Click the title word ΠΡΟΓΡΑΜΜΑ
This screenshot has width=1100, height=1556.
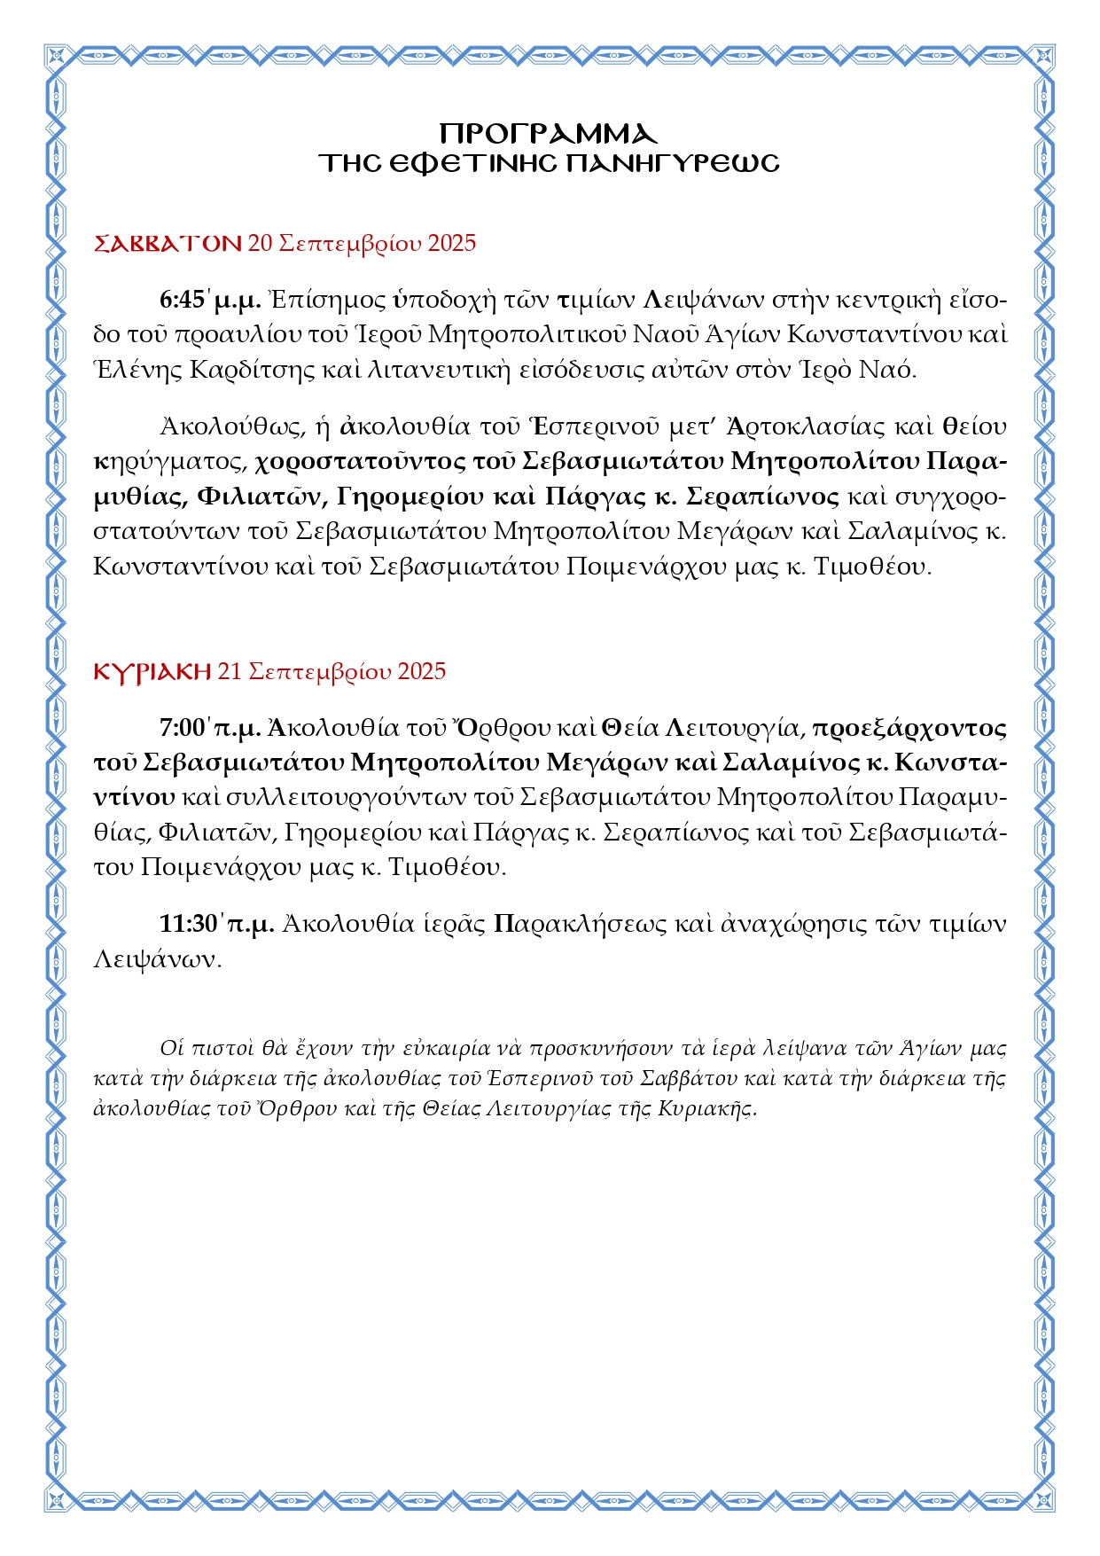tap(549, 134)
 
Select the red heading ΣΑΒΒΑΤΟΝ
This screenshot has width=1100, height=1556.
tap(168, 243)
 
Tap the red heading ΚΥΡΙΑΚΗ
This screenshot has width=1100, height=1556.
tap(152, 671)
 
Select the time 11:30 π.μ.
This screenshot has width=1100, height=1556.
tap(216, 924)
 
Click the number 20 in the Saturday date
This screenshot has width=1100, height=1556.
tap(260, 243)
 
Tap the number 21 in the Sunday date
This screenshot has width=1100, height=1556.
tap(230, 671)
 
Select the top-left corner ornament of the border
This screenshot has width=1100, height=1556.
tap(57, 57)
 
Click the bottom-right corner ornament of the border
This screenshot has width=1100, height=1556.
tap(1042, 1499)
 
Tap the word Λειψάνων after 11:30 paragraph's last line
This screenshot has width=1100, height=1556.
tap(156, 959)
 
